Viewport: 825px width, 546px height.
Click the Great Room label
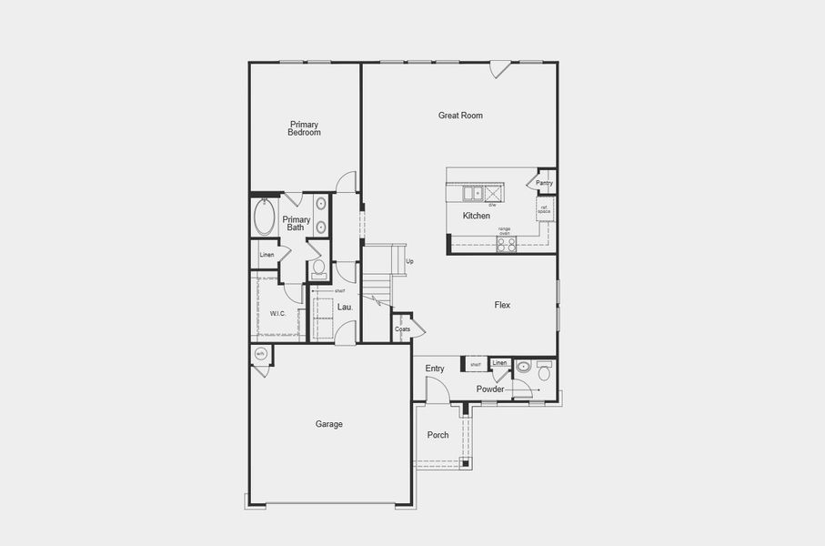click(x=460, y=116)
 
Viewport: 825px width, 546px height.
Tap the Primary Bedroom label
click(x=304, y=128)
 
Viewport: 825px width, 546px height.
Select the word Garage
click(x=328, y=424)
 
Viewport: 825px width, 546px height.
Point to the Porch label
click(x=438, y=435)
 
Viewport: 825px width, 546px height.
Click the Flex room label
click(x=502, y=305)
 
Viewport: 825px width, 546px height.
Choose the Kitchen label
click(x=476, y=216)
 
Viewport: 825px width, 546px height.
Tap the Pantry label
click(x=544, y=183)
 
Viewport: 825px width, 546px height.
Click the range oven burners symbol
click(x=507, y=243)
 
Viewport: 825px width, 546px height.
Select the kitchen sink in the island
click(x=473, y=192)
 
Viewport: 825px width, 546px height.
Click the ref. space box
click(x=544, y=209)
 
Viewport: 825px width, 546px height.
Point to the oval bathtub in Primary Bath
click(x=265, y=217)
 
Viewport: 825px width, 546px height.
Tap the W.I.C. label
click(x=277, y=313)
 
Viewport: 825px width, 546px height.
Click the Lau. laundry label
click(x=345, y=308)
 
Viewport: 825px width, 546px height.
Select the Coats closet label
click(x=402, y=329)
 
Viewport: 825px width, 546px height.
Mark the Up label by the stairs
click(x=409, y=261)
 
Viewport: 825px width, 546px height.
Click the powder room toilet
click(x=544, y=371)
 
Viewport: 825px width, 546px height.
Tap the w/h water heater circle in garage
click(x=260, y=354)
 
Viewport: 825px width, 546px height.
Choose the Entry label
click(x=435, y=369)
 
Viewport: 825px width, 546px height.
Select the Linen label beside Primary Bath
click(x=267, y=255)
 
